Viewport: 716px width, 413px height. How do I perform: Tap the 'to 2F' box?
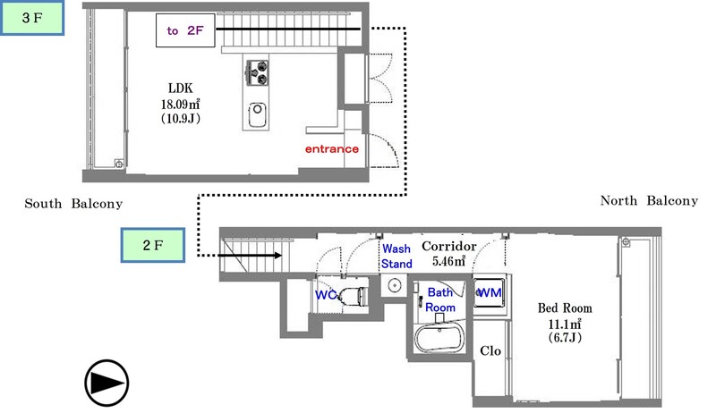[185, 30]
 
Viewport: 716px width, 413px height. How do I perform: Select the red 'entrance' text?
[332, 148]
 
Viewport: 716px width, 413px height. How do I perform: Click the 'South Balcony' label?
[73, 205]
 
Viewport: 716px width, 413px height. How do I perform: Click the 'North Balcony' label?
[649, 201]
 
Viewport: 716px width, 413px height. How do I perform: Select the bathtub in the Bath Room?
[439, 341]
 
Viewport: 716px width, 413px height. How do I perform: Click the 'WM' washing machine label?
[490, 292]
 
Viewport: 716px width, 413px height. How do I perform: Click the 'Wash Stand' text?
[397, 257]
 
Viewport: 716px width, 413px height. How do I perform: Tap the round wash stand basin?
[395, 286]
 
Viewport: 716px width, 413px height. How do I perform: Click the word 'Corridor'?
[448, 246]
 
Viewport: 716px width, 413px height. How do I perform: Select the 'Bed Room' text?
[564, 308]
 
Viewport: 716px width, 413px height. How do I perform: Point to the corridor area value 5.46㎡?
[448, 262]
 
